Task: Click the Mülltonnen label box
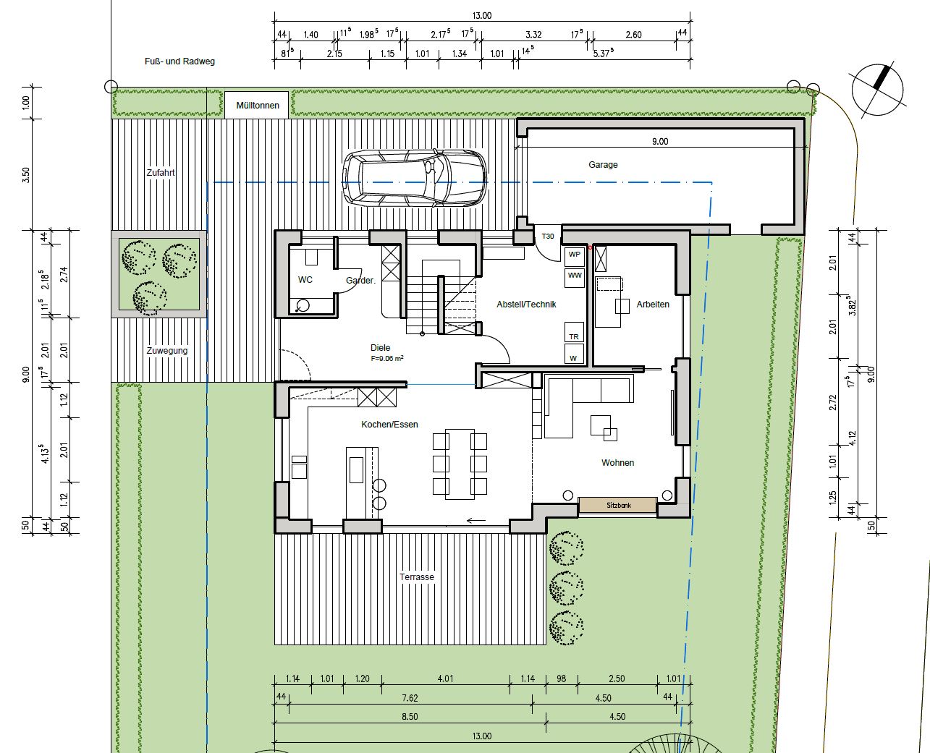coord(257,105)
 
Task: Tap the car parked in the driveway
coord(415,178)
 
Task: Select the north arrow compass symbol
coord(878,90)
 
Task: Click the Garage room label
coord(603,164)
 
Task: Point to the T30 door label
coord(548,236)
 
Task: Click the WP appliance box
coord(575,257)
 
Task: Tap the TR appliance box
coord(574,333)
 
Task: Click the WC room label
coord(305,280)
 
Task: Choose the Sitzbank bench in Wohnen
coord(618,505)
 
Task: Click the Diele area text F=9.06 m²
coord(387,358)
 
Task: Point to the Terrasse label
coord(417,577)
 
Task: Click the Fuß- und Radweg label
coord(180,61)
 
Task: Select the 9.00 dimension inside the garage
coord(660,141)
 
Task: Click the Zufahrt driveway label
coord(161,173)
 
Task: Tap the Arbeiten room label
coord(653,305)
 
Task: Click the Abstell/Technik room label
coord(526,305)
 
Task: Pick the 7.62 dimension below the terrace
coord(410,698)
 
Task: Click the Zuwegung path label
coord(166,351)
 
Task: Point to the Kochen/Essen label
coord(389,424)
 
